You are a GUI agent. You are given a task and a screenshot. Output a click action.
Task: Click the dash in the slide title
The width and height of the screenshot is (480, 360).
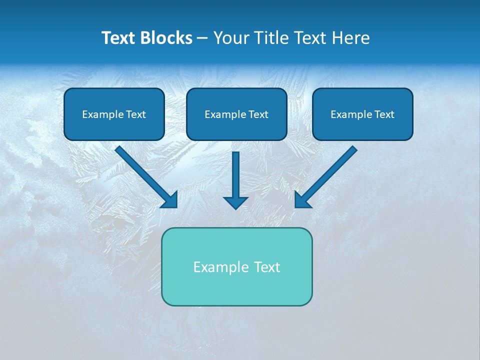pos(202,38)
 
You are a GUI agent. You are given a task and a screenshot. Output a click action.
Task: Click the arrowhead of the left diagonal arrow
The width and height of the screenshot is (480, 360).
pos(170,200)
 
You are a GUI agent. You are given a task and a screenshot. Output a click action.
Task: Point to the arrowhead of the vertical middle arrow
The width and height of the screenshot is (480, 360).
pos(235,202)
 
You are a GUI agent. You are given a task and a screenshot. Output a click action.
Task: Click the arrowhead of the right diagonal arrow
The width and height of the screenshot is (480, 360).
pos(302,200)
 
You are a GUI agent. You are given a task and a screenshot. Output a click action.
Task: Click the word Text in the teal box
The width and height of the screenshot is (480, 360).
pos(266,267)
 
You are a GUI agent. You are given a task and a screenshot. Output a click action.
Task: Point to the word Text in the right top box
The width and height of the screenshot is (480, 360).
pos(384,114)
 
